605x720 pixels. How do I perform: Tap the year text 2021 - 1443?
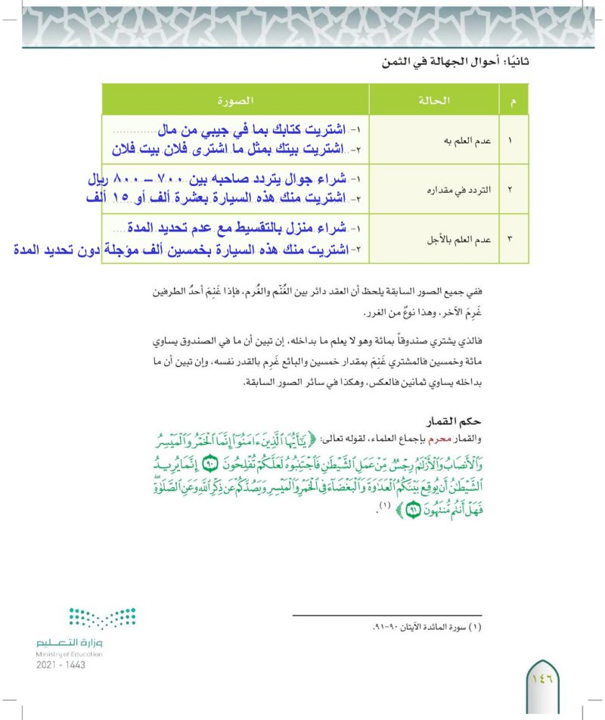click(60, 665)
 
